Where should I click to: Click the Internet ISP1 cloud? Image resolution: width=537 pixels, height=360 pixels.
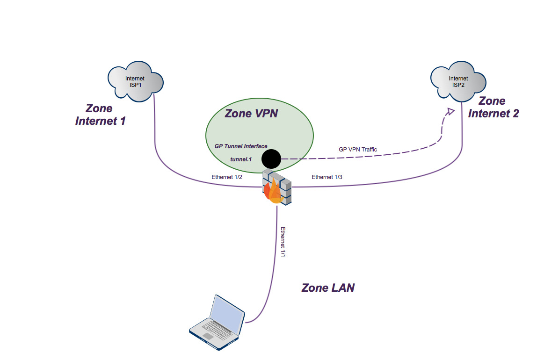[135, 81]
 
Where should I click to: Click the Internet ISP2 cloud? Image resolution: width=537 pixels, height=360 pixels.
[458, 82]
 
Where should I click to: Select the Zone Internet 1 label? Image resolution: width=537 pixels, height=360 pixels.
[100, 115]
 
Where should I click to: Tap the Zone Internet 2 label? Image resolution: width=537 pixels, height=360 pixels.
[493, 107]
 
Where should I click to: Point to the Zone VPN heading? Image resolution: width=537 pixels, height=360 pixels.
[251, 113]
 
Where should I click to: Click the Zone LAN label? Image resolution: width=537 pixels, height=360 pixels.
[328, 288]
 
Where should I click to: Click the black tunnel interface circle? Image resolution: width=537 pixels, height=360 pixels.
[271, 159]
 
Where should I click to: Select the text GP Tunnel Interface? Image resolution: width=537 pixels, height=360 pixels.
[241, 146]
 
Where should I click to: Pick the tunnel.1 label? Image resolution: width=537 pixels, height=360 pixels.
[241, 159]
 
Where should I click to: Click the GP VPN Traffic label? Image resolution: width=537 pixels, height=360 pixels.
[357, 150]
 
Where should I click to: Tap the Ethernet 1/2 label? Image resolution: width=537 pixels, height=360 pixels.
[226, 177]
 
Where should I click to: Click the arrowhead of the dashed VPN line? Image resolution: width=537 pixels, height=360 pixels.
[450, 111]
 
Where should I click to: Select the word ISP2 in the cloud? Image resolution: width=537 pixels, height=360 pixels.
[458, 85]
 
